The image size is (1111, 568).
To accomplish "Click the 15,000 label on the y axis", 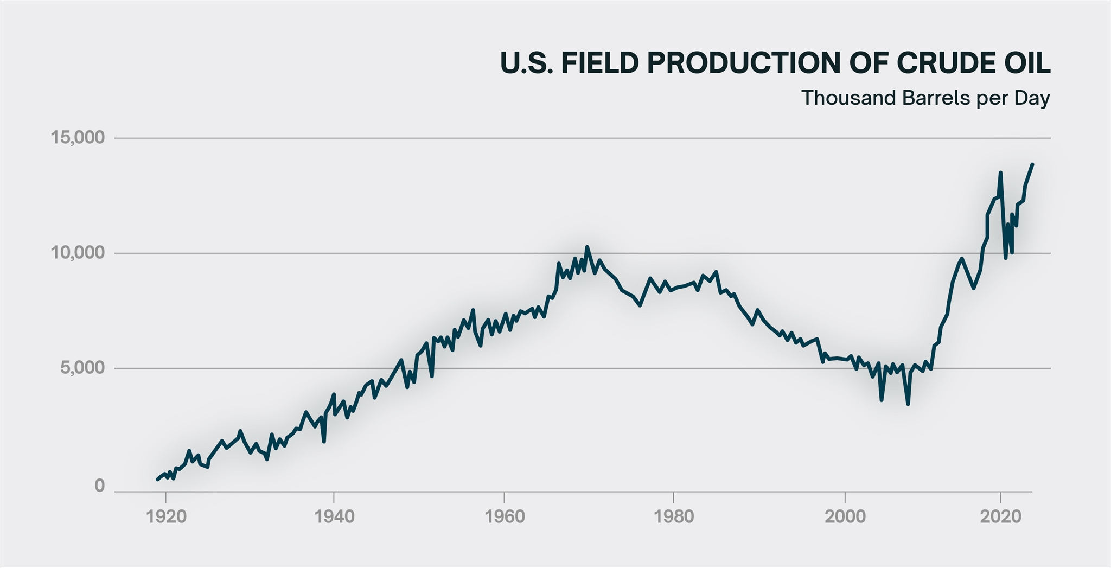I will (77, 138).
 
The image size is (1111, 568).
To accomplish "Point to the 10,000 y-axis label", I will (77, 253).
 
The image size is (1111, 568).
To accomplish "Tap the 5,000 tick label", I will (81, 368).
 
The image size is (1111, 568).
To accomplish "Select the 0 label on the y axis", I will (99, 486).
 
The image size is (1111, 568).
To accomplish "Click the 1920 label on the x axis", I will (166, 516).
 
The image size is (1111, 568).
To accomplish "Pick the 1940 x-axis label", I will (334, 516).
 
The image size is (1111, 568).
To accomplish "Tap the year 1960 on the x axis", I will (505, 516).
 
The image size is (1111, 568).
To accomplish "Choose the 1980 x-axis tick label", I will (674, 516).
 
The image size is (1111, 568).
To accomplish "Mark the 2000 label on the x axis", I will (845, 516).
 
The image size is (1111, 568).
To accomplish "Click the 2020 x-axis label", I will (1000, 516).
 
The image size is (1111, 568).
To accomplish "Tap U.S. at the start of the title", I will (527, 63).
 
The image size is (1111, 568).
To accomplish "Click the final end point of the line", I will (1032, 164).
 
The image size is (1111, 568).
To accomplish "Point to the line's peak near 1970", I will (587, 247).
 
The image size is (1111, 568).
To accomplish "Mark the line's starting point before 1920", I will (157, 479).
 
